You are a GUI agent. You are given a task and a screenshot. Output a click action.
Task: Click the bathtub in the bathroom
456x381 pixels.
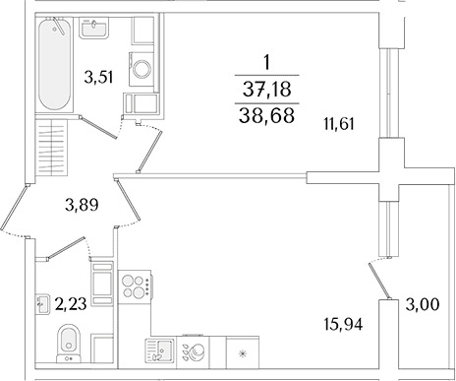pyautogui.click(x=54, y=64)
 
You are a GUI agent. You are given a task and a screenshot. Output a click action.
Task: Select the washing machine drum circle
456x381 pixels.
pyautogui.click(x=142, y=69)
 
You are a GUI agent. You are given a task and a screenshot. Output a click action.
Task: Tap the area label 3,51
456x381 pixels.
pyautogui.click(x=98, y=78)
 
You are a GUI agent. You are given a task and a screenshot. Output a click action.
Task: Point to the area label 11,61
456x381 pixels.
pyautogui.click(x=339, y=124)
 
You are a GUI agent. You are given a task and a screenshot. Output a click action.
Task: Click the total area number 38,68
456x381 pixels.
pyautogui.click(x=266, y=115)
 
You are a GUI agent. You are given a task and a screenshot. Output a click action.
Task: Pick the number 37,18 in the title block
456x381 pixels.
pyautogui.click(x=267, y=90)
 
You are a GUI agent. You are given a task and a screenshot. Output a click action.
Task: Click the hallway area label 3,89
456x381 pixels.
pyautogui.click(x=82, y=206)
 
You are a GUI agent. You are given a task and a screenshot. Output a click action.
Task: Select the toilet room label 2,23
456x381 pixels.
pyautogui.click(x=71, y=304)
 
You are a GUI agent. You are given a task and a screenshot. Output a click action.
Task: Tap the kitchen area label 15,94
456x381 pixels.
pyautogui.click(x=343, y=325)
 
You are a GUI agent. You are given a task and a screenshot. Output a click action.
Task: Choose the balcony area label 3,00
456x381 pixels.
pyautogui.click(x=423, y=305)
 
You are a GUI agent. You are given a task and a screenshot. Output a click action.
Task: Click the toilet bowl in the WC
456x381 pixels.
pyautogui.click(x=69, y=344)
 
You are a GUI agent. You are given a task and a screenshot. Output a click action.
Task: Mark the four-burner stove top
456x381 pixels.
pyautogui.click(x=135, y=286)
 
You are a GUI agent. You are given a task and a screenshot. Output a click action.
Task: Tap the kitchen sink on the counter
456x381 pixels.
pyautogui.click(x=160, y=350)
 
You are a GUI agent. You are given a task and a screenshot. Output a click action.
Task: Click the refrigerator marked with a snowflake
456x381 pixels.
pyautogui.click(x=243, y=352)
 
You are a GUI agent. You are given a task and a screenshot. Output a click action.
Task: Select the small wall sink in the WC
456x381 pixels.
pyautogui.click(x=42, y=304)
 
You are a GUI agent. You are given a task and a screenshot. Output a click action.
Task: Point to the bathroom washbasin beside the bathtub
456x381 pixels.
pyautogui.click(x=93, y=28)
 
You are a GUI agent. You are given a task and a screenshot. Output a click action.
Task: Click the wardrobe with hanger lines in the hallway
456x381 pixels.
pyautogui.click(x=52, y=148)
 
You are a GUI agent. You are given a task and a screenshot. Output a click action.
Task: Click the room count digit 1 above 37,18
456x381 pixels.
pyautogui.click(x=267, y=62)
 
